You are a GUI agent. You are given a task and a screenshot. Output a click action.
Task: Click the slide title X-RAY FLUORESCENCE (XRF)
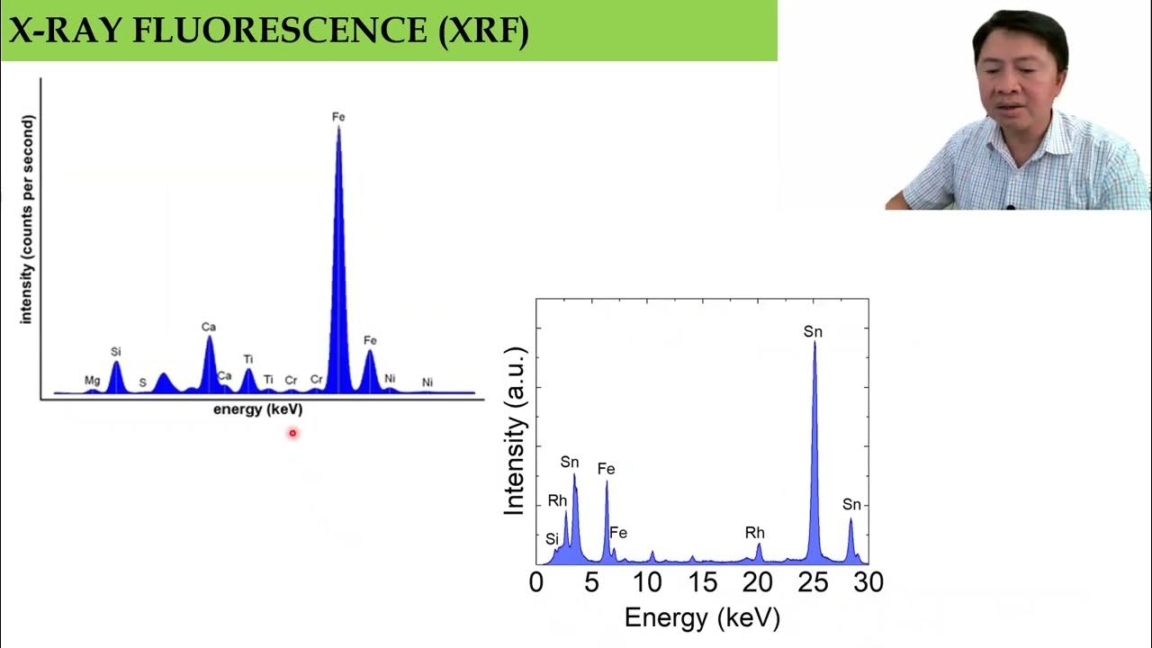click(x=268, y=31)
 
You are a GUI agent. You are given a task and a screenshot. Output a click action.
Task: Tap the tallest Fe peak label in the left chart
click(x=338, y=117)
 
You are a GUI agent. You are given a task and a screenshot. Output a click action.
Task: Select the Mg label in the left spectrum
click(x=92, y=381)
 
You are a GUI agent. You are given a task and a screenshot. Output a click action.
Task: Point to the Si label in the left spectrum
click(x=115, y=351)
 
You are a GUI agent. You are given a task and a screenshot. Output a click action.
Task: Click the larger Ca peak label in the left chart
click(x=209, y=327)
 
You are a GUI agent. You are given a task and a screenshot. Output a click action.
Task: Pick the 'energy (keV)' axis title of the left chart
click(x=257, y=409)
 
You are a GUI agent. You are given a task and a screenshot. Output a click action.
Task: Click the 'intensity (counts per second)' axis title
click(x=27, y=219)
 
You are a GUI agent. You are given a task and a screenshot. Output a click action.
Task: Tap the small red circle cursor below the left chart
click(x=292, y=433)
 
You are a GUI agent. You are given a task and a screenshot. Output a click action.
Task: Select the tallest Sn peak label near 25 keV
click(x=813, y=332)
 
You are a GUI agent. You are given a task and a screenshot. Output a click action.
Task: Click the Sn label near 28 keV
click(x=851, y=504)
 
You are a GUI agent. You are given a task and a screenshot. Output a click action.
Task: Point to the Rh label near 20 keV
click(x=754, y=533)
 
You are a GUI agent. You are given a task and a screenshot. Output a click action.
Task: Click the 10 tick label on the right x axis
click(x=647, y=582)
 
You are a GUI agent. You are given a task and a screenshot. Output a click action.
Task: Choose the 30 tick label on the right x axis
click(x=868, y=582)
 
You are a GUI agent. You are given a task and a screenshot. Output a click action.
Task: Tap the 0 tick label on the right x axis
click(x=536, y=582)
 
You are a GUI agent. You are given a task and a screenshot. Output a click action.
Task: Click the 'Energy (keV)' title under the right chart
click(x=702, y=617)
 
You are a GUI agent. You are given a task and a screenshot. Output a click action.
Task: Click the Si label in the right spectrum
click(x=552, y=538)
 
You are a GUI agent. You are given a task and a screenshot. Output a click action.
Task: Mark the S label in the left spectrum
click(x=142, y=383)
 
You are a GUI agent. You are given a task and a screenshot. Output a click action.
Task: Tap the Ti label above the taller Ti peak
click(x=247, y=359)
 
